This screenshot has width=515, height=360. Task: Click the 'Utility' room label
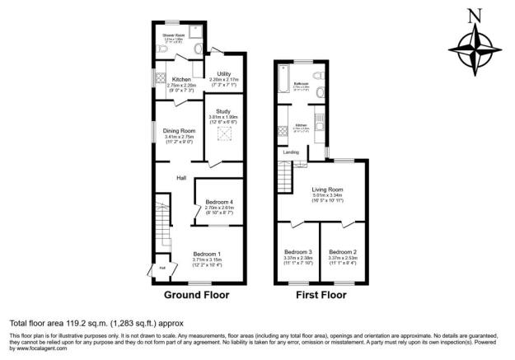tap(223, 74)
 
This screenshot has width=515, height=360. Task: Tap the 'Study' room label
tap(223, 111)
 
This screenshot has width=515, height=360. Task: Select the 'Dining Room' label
tap(178, 130)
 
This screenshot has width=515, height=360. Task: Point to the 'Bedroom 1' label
tap(207, 254)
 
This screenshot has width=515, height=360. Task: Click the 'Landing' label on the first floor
tap(291, 152)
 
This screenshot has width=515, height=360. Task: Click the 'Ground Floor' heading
tap(196, 295)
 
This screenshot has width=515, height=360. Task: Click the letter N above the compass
tap(473, 14)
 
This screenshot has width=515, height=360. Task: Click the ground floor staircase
tap(160, 222)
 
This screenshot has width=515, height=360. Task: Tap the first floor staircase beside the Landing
tap(286, 174)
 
